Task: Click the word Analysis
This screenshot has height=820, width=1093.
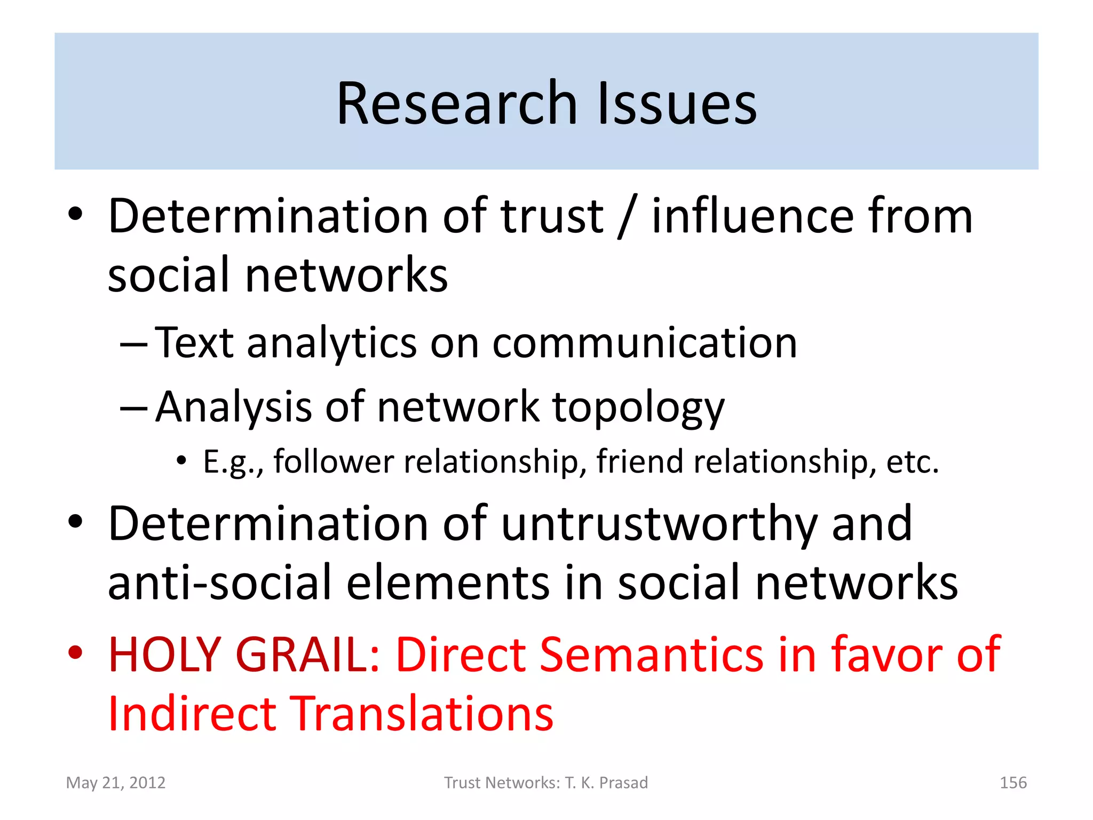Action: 233,407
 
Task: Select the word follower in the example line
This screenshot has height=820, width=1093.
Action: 334,461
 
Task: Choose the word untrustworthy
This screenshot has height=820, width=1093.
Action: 660,525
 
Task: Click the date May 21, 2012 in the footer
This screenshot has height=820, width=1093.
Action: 116,783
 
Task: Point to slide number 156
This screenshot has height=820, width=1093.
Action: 1012,783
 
